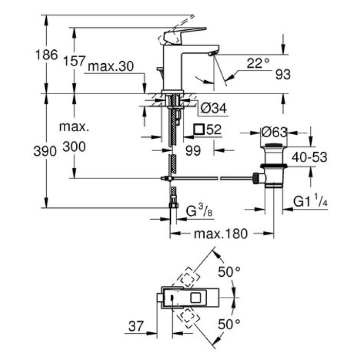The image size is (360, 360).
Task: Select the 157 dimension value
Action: click(x=74, y=61)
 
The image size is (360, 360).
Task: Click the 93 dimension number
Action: click(x=283, y=75)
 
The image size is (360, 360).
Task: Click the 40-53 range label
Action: click(x=310, y=158)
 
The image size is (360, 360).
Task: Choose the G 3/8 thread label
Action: click(x=199, y=210)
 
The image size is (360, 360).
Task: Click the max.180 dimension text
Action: click(x=221, y=234)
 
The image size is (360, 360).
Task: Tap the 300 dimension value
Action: click(x=74, y=147)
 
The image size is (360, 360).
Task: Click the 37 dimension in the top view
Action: click(x=135, y=327)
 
